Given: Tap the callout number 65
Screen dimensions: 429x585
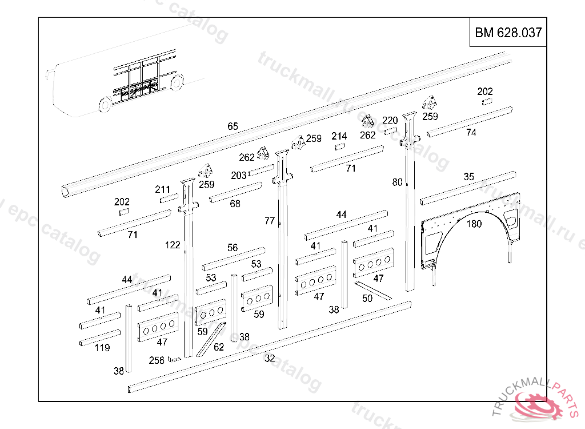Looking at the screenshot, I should (x=233, y=126).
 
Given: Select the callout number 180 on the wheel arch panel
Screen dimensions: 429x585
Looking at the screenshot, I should (x=474, y=224).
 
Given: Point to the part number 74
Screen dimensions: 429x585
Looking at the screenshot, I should (x=471, y=133).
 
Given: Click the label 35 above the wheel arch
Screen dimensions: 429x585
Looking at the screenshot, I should (x=468, y=177).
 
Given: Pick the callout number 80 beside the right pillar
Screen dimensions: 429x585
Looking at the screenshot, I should (x=397, y=182).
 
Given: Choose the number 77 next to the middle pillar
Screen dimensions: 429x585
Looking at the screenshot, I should (x=270, y=221).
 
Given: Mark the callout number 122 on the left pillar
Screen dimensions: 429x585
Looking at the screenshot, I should (x=173, y=245).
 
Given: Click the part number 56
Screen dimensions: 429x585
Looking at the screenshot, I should (x=233, y=248).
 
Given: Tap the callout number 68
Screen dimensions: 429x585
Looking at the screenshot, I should (x=235, y=204).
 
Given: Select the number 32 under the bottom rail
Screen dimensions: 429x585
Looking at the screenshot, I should (x=270, y=359).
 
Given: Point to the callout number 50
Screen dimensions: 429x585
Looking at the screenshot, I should (x=367, y=298).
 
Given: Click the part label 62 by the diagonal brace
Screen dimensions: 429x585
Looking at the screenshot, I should (x=219, y=347).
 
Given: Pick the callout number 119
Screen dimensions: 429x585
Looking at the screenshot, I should (x=102, y=347).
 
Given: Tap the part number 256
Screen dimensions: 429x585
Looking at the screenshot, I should (x=157, y=360).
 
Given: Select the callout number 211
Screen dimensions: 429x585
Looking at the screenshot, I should (x=162, y=189).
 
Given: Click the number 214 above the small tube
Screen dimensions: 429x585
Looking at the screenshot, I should (x=339, y=136).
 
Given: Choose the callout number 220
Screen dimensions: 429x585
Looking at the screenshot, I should (x=390, y=120).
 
